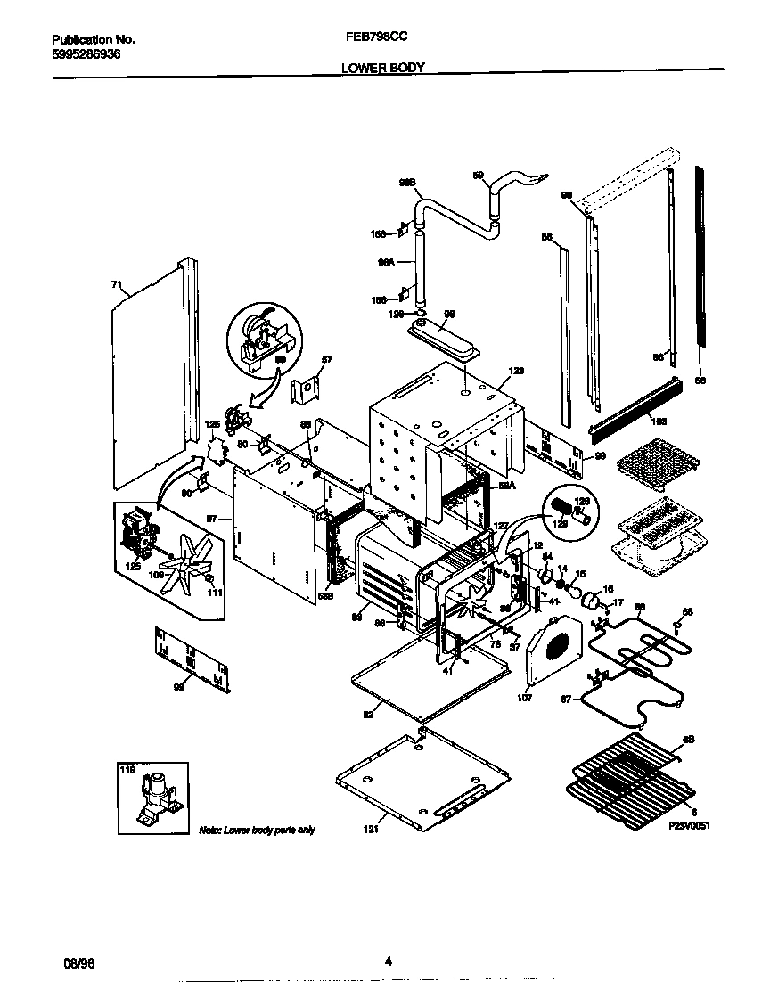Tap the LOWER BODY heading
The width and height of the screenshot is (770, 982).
pos(384,67)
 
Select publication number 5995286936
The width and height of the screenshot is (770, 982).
pos(86,54)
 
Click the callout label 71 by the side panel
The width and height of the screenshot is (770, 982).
pos(115,284)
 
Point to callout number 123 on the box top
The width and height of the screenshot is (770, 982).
pos(516,371)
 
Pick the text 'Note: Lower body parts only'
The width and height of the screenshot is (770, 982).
pos(257,831)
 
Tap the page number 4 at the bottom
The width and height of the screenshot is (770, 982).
pos(388,961)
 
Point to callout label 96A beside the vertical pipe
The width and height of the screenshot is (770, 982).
pos(385,263)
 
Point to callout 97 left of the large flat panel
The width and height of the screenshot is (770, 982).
pos(212,517)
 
